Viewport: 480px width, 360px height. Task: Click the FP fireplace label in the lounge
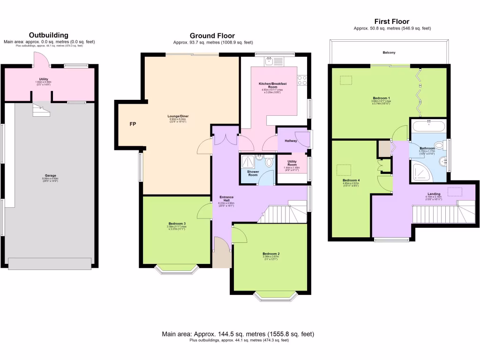pyautogui.click(x=133, y=125)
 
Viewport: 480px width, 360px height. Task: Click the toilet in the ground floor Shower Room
pyautogui.click(x=268, y=162)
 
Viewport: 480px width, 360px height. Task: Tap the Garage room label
pyautogui.click(x=50, y=176)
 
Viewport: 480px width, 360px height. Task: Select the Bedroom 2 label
pyautogui.click(x=271, y=254)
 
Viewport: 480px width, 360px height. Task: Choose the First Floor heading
pyautogui.click(x=391, y=22)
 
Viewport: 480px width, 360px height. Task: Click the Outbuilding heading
pyautogui.click(x=49, y=35)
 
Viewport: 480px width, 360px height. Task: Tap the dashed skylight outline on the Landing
pyautogui.click(x=455, y=191)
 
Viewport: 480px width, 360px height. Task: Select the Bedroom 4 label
pyautogui.click(x=351, y=180)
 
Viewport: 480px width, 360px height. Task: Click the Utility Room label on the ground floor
pyautogui.click(x=292, y=164)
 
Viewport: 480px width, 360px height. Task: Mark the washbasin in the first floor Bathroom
pyautogui.click(x=442, y=161)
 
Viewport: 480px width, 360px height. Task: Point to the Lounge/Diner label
pyautogui.click(x=178, y=116)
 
